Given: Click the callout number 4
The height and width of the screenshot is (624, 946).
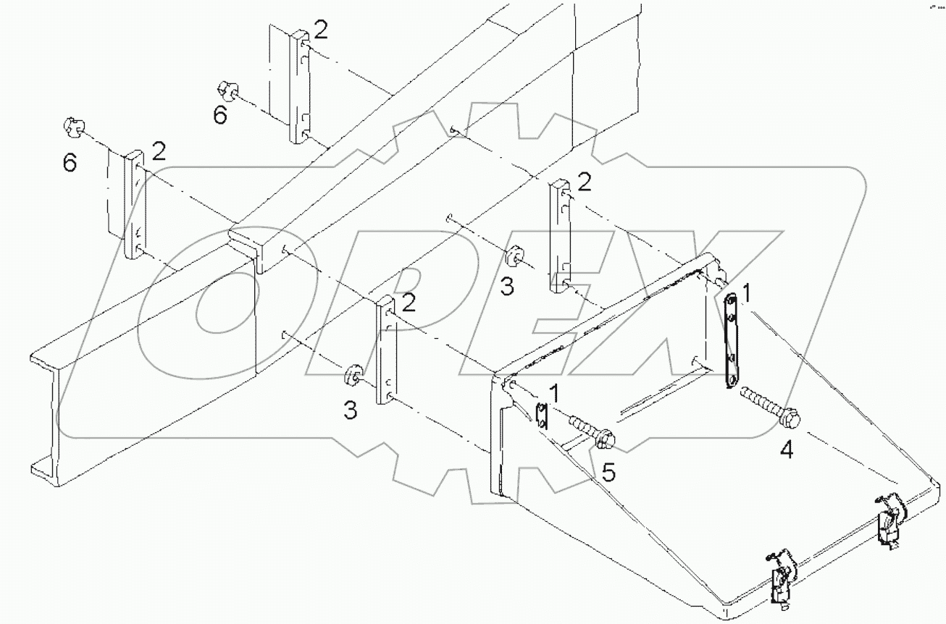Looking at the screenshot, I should [786, 450].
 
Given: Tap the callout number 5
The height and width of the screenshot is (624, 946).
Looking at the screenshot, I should [610, 473].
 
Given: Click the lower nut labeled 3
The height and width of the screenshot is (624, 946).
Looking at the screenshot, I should [353, 374].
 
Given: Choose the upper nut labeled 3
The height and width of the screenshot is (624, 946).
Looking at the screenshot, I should [513, 256].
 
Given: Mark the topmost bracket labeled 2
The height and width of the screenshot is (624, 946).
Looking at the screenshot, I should [300, 88].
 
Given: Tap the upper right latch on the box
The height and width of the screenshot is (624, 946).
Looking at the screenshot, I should [889, 515].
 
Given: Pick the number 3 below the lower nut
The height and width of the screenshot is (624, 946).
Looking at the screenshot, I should [350, 410].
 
